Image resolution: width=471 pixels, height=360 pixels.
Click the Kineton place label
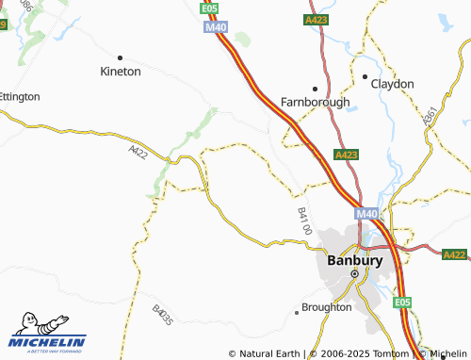pos(121,71)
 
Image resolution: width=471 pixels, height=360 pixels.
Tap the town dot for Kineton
pos(120,57)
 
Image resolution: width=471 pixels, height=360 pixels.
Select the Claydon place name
pos(392,84)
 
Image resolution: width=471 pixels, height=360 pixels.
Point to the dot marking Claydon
pos(365,76)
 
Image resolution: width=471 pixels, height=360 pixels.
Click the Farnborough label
pos(316,102)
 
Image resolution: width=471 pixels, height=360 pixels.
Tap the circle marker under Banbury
pos(354,273)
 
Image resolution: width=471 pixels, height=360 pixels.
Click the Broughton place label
pos(326,307)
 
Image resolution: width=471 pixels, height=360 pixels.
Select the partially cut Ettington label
pos(19,96)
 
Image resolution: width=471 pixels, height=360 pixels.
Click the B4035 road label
pos(162,314)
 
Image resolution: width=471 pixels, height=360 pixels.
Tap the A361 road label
pos(431,117)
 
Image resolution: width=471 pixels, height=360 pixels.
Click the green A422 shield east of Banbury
pos(454,254)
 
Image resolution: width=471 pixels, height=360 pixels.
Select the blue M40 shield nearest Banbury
pos(366,214)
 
